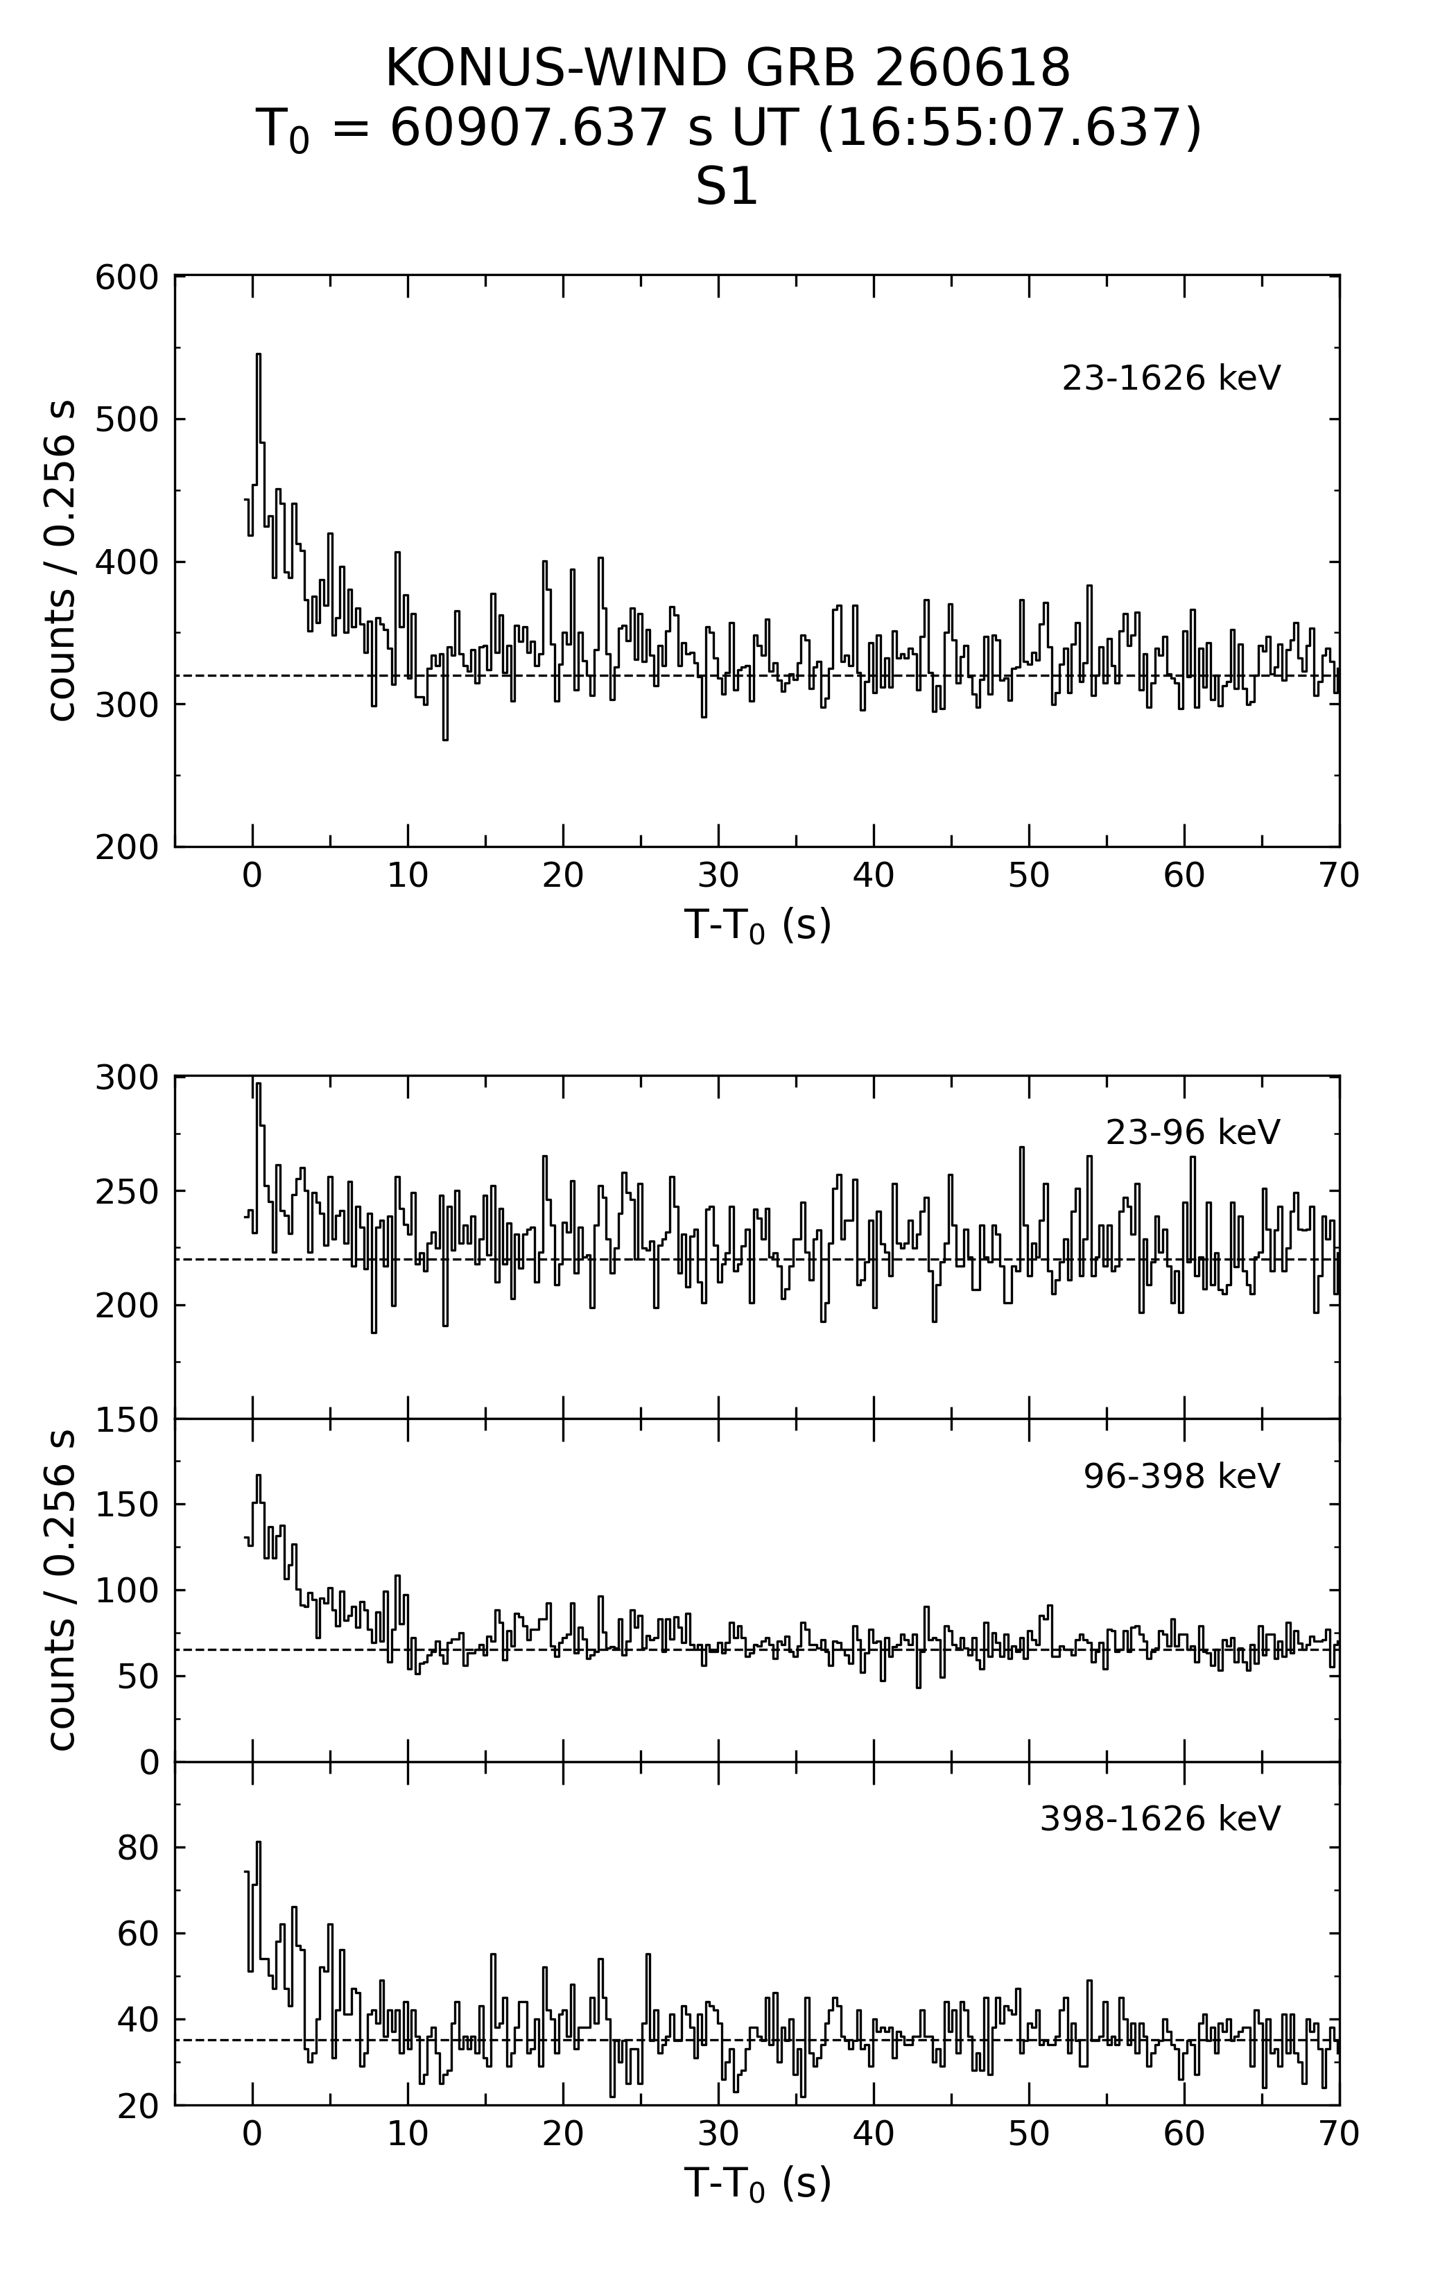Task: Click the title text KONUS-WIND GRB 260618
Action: pyautogui.click(x=728, y=69)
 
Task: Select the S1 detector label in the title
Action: pyautogui.click(x=727, y=187)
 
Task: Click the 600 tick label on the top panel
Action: pyautogui.click(x=126, y=277)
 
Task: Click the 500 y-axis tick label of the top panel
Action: pyautogui.click(x=126, y=419)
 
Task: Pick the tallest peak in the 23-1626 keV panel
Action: pyautogui.click(x=257, y=354)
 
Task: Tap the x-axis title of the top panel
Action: pyautogui.click(x=757, y=924)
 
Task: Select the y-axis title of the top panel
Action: pyautogui.click(x=61, y=561)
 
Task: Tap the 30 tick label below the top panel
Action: pyautogui.click(x=718, y=875)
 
